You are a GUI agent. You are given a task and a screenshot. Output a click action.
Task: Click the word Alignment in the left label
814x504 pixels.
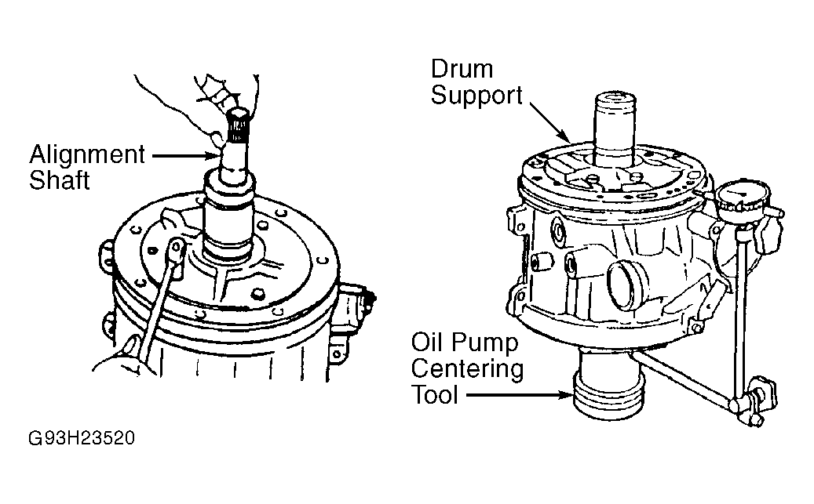coord(86,154)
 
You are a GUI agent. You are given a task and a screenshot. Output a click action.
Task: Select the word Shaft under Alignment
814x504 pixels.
coord(59,180)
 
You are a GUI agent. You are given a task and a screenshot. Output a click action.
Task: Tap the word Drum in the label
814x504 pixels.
coord(462,69)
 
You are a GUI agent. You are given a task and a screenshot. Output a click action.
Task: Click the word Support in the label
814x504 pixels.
coord(476,96)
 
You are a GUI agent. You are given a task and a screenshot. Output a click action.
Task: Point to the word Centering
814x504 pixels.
coord(467,369)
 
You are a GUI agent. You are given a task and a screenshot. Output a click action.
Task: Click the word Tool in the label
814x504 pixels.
coord(435,395)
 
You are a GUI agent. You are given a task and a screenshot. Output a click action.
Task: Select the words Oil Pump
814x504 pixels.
coord(465,343)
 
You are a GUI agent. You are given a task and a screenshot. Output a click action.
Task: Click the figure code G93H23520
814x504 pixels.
coord(82,438)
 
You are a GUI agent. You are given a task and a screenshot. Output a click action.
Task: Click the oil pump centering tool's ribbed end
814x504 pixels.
coord(608,397)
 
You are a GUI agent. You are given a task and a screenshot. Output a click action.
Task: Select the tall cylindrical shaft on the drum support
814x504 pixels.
coord(615,129)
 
